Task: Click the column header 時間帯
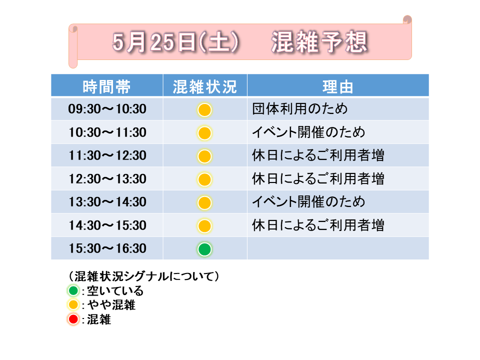pos(106,87)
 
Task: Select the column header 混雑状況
pos(205,87)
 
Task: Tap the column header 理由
pos(338,87)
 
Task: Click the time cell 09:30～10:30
pos(107,109)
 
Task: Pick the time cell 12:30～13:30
pos(107,179)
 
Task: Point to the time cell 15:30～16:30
pos(107,248)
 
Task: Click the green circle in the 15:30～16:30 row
pos(204,249)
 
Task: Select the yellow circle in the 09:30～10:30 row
pos(204,110)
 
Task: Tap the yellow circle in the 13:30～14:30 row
pos(204,202)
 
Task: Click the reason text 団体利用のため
pos(299,108)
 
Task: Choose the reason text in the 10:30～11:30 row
pos(308,132)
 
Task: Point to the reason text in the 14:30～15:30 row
pos(318,225)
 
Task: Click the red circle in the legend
pos(73,319)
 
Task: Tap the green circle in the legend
pos(73,290)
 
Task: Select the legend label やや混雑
pos(111,305)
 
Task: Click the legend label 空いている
pos(115,290)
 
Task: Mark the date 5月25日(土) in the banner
pos(175,42)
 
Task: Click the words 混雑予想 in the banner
pos(319,42)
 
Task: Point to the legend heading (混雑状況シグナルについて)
pos(143,276)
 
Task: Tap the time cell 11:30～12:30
pos(107,155)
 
